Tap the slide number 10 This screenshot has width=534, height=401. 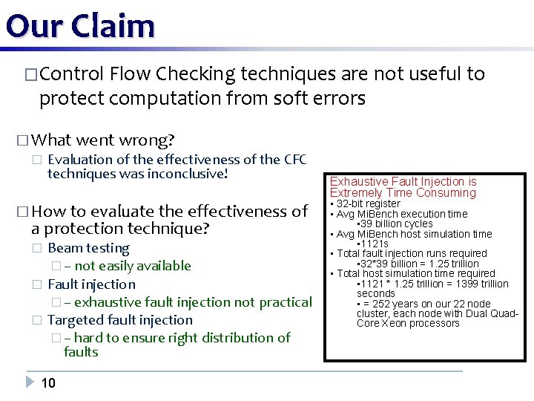click(x=48, y=383)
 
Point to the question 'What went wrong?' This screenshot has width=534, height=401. click(x=103, y=140)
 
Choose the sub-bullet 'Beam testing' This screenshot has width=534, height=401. click(x=88, y=248)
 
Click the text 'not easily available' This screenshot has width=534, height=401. click(x=133, y=266)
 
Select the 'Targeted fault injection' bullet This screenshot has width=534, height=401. click(x=119, y=320)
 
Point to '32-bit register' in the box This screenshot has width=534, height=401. click(x=368, y=203)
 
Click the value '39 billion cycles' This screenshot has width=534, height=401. click(x=396, y=224)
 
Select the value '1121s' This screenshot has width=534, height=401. click(x=375, y=244)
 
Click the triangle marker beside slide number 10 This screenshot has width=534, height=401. click(x=29, y=383)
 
